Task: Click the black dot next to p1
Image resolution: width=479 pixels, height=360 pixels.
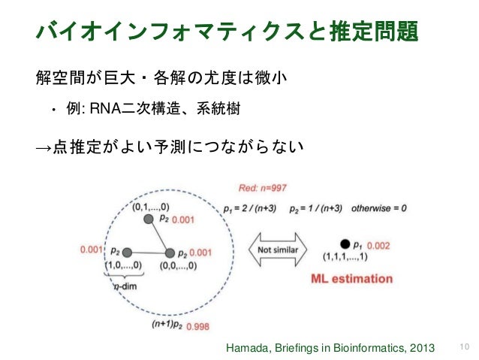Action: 345,244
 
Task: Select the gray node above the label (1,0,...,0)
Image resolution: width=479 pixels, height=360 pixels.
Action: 127,252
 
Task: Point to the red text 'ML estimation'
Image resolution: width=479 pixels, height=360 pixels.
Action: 351,279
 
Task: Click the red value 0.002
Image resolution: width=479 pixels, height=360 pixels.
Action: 378,245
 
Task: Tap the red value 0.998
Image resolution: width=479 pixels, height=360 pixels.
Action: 198,327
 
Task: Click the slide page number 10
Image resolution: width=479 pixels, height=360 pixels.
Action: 462,346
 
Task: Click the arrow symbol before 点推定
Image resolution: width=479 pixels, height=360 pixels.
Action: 44,148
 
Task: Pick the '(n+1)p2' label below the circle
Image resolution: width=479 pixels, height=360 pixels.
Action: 166,325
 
